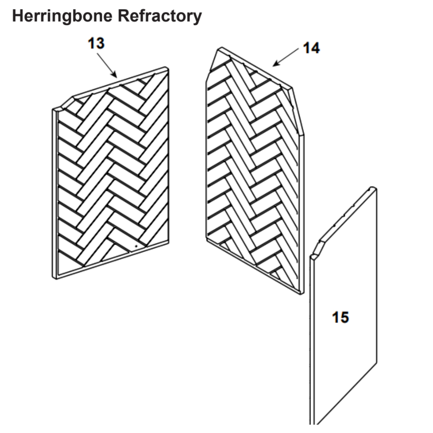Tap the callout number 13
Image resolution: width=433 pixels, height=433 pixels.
click(x=96, y=43)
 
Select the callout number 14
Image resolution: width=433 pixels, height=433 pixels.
click(x=311, y=48)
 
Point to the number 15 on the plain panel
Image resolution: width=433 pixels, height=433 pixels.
click(x=340, y=317)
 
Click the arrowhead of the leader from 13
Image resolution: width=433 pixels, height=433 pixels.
click(x=116, y=77)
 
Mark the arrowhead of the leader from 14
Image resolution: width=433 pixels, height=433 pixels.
click(x=275, y=65)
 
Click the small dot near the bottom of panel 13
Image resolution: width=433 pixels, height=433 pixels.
click(x=136, y=246)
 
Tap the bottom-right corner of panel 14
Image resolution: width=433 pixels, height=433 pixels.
click(x=301, y=293)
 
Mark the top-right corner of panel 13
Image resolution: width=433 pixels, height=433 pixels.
click(x=167, y=68)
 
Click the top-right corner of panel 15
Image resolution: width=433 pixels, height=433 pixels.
click(x=374, y=188)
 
